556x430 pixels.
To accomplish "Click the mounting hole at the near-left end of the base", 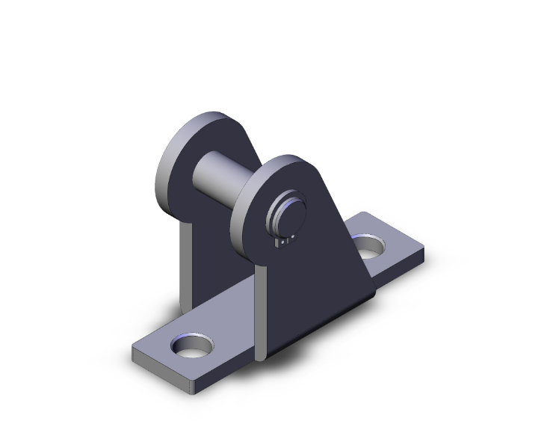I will pos(192,346).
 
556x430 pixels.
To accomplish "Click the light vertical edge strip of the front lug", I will pos(259,314).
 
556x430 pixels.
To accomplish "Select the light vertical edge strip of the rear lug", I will pos(185,262).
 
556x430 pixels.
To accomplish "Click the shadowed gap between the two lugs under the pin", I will pos(224,247).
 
